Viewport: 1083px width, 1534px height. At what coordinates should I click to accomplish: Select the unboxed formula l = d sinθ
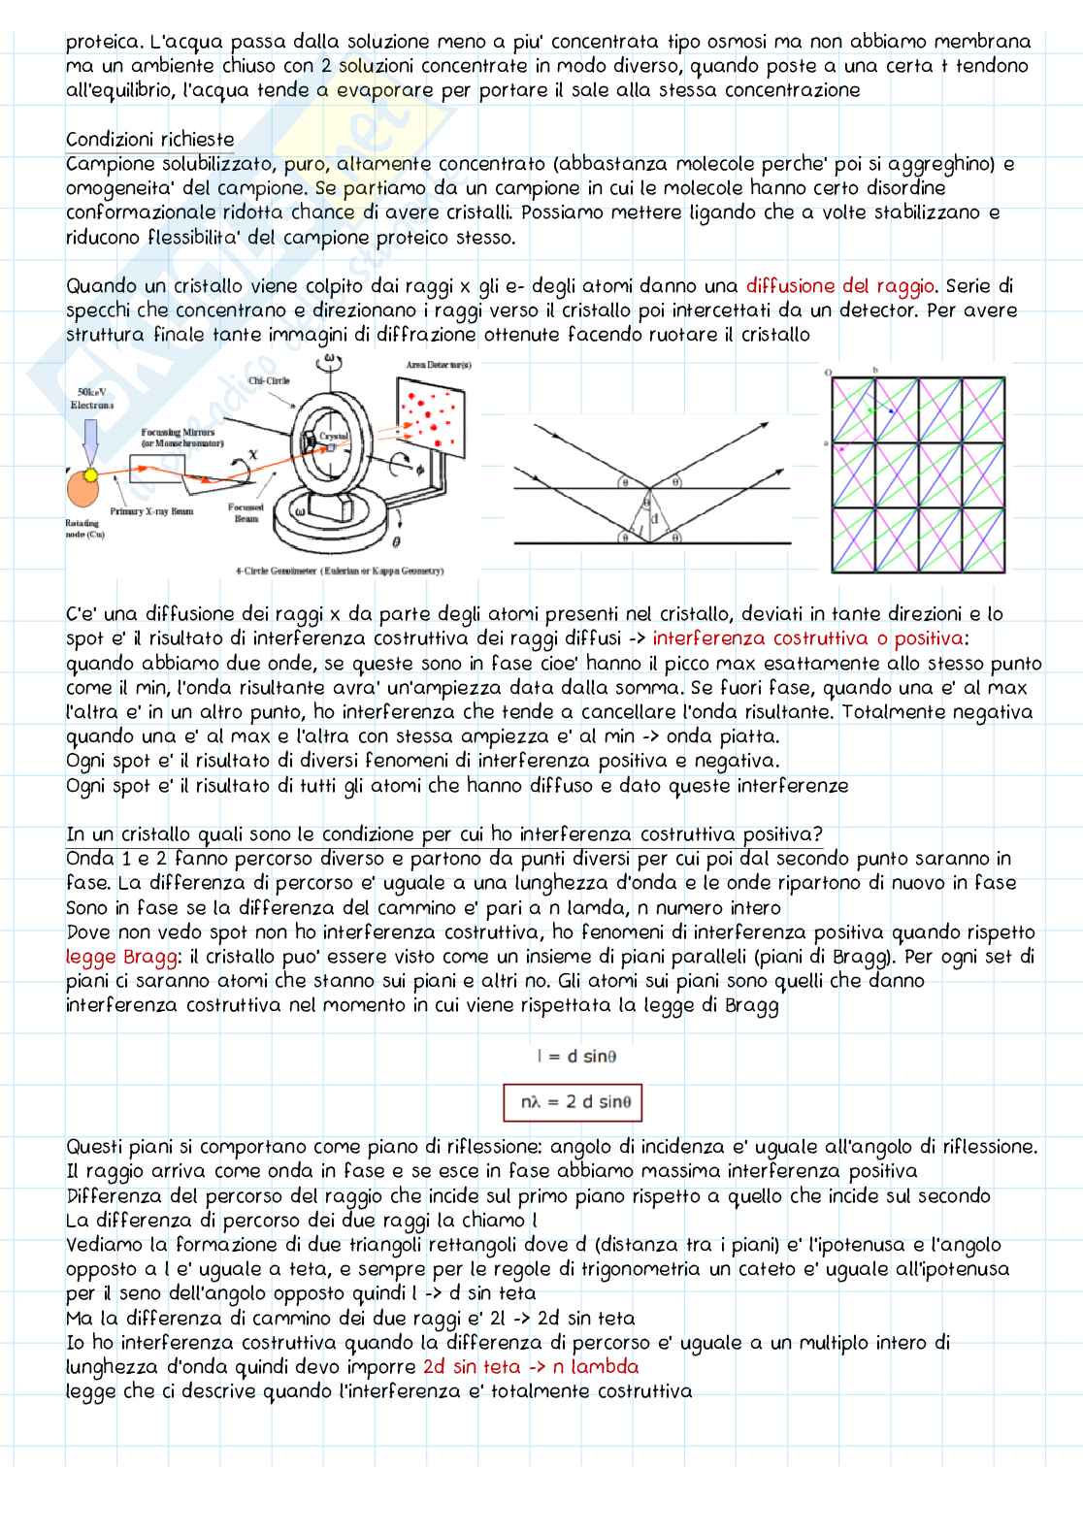point(575,1056)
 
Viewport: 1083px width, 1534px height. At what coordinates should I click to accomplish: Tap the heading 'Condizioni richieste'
point(149,140)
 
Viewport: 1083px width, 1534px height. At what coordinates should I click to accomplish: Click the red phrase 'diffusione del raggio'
point(840,286)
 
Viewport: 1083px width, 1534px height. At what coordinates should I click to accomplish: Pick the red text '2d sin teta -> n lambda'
point(531,1367)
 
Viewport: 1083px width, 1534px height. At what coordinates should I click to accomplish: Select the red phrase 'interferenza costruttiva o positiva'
point(809,638)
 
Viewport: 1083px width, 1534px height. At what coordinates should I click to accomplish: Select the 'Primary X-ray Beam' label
point(151,510)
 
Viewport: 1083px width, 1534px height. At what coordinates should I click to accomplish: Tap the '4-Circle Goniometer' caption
point(340,571)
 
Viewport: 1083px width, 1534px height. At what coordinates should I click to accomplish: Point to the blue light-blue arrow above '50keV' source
point(93,441)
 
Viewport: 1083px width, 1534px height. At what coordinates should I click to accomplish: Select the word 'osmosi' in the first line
point(757,43)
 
